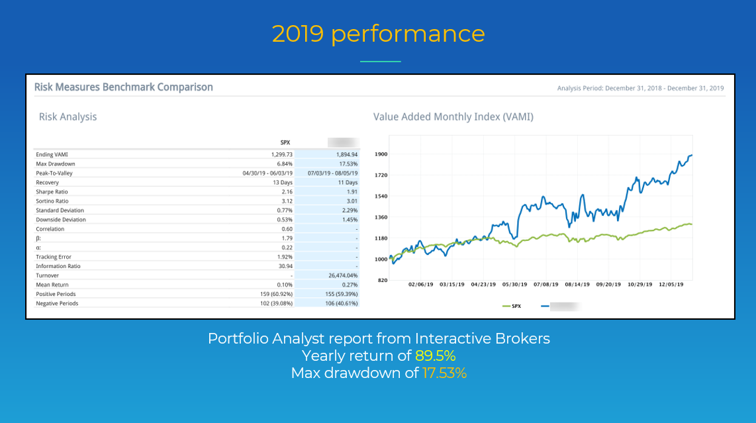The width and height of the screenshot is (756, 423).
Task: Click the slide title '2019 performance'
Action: pyautogui.click(x=378, y=34)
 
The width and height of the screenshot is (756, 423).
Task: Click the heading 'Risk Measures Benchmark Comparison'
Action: pyautogui.click(x=124, y=87)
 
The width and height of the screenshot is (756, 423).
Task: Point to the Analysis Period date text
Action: pyautogui.click(x=640, y=88)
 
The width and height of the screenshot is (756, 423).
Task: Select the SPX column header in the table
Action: pyautogui.click(x=285, y=142)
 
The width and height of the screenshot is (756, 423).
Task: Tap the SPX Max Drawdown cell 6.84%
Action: pyautogui.click(x=282, y=164)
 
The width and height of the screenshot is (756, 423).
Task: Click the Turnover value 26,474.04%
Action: pyautogui.click(x=338, y=275)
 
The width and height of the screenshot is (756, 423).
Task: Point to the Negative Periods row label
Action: pyautogui.click(x=57, y=303)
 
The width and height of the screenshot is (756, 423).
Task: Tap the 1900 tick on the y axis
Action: pyautogui.click(x=381, y=154)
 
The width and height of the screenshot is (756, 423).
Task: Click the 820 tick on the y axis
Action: pyautogui.click(x=382, y=280)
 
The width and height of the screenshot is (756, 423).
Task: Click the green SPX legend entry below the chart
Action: pyautogui.click(x=512, y=306)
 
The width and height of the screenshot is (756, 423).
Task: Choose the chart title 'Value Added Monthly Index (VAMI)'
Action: pyautogui.click(x=453, y=117)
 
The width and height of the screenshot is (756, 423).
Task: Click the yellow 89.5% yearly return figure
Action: pyautogui.click(x=435, y=355)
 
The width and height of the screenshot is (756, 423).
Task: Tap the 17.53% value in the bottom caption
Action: pyautogui.click(x=445, y=373)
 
